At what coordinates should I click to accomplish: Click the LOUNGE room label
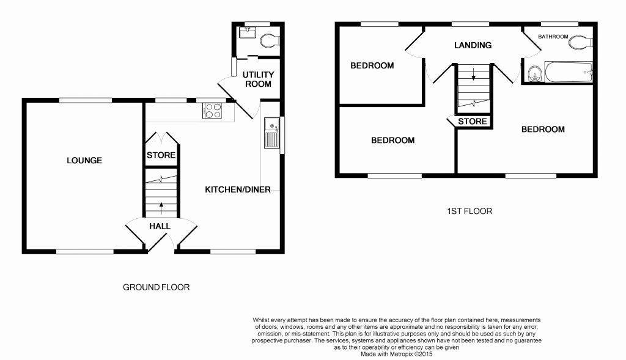84,161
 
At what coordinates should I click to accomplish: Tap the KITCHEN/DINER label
238,189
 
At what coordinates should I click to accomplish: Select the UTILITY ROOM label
259,79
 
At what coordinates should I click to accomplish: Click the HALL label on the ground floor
160,226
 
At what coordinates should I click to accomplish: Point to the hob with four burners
212,111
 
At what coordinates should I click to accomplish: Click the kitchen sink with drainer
271,133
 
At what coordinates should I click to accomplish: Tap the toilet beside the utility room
270,40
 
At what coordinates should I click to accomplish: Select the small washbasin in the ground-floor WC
248,32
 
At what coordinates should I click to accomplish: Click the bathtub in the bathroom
569,72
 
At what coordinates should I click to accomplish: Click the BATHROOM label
553,37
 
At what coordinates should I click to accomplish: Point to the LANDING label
473,45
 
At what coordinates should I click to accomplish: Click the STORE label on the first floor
473,122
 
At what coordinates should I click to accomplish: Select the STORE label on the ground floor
161,155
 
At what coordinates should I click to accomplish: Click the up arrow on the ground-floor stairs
161,208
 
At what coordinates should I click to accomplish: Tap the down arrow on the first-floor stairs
474,74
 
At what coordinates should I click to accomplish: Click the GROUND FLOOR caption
156,287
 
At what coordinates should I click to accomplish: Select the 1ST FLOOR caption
469,211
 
